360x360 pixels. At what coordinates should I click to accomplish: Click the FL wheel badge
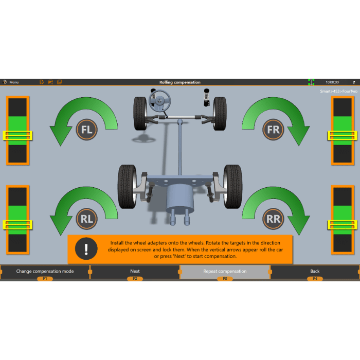click(87, 130)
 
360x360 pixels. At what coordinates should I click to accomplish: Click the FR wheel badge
click(273, 130)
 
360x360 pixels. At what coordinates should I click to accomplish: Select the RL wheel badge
click(87, 219)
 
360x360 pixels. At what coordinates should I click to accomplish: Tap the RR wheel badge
click(273, 219)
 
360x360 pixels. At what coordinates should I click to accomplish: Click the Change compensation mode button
click(45, 272)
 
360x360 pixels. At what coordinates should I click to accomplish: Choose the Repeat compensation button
click(225, 272)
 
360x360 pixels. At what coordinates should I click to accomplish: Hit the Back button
click(315, 272)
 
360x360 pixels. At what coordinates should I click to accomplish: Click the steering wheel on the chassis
click(159, 100)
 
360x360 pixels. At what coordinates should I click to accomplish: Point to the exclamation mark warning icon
click(86, 248)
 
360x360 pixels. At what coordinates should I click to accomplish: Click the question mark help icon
click(354, 82)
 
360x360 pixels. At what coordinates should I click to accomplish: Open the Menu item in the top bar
click(14, 82)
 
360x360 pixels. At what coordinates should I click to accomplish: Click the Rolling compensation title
click(180, 82)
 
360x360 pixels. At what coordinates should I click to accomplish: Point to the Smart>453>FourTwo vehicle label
click(338, 91)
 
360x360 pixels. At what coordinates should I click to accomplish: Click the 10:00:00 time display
click(332, 82)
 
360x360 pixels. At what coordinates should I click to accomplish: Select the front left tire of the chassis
click(140, 114)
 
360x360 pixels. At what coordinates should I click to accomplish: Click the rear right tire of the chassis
click(233, 186)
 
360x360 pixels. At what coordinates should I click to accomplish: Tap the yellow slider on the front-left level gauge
click(17, 135)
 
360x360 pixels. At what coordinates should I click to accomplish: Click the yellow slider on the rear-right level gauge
click(343, 225)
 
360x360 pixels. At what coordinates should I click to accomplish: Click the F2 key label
click(135, 279)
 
